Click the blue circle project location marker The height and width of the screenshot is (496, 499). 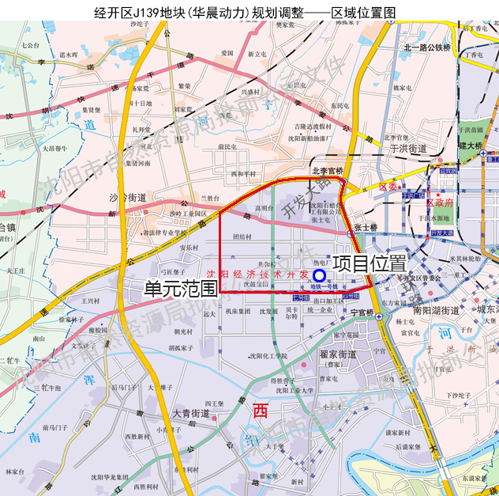(317, 273)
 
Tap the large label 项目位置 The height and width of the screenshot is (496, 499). (368, 263)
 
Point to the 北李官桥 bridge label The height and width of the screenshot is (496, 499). (327, 170)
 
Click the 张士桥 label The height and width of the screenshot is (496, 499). (366, 228)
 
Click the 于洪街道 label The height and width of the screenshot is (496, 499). (408, 148)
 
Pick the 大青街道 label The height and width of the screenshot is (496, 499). (190, 413)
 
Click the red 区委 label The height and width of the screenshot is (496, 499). (388, 187)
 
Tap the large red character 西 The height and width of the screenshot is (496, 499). (261, 411)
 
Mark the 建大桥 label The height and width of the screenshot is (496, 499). (471, 146)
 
